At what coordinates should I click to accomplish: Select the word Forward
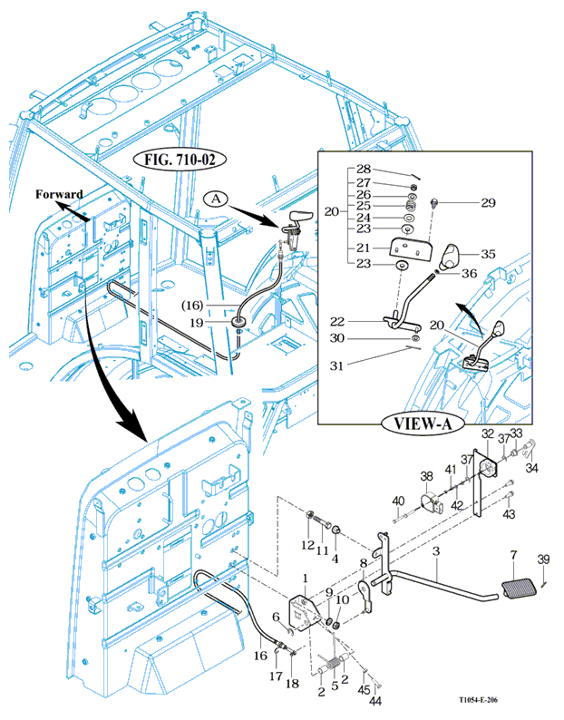(x=60, y=193)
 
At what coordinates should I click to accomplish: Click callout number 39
(x=543, y=558)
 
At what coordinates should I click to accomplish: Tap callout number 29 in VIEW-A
(x=488, y=202)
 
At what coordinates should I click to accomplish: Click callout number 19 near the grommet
(x=222, y=321)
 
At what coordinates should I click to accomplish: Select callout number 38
(x=426, y=476)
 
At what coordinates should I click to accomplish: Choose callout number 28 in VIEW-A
(x=364, y=170)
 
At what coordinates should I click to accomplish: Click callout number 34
(x=532, y=468)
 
